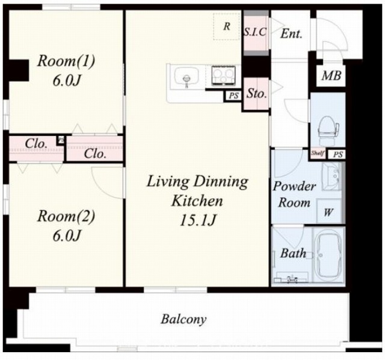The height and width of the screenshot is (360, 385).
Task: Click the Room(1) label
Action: coord(66,61)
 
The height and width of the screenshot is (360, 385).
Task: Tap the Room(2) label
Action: coord(66,216)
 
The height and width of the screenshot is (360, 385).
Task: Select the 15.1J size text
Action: coord(198,220)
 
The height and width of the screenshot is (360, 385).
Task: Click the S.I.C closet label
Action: coord(255,32)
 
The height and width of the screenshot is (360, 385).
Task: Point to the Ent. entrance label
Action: coord(291,34)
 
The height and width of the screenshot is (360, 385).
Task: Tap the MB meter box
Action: coord(331,76)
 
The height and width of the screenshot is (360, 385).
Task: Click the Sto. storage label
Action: coord(256,93)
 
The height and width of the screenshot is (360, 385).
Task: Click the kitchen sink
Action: coord(187,78)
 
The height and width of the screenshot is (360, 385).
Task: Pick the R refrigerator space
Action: coord(227,26)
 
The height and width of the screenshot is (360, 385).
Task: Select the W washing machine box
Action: coord(328,212)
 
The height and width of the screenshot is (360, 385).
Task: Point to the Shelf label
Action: coord(318,153)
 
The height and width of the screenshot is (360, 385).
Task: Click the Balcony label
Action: coord(183,319)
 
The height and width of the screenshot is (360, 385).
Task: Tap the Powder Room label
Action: coord(294,194)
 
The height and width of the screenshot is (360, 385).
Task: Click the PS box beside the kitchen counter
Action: coord(233,96)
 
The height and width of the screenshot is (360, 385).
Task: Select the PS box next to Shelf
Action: coord(337,154)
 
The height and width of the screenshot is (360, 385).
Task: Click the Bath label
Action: coord(293,253)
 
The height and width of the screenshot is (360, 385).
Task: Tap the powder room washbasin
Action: coord(331,176)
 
